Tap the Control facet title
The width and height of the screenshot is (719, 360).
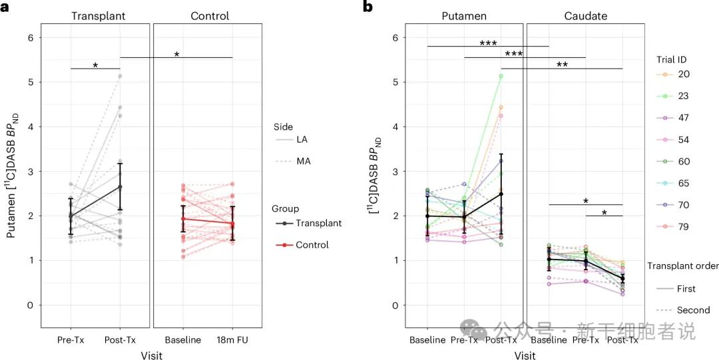coord(209,16)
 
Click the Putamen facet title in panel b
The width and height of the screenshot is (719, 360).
coord(464,16)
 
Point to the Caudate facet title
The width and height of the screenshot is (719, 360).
coord(585,16)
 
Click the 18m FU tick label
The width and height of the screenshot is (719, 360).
coord(232,340)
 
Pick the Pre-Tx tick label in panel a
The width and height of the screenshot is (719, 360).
coord(71,340)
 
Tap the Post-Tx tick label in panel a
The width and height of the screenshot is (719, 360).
coord(120,340)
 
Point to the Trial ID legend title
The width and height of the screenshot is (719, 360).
coord(667,59)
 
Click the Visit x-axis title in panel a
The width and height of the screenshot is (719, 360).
coord(152,355)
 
